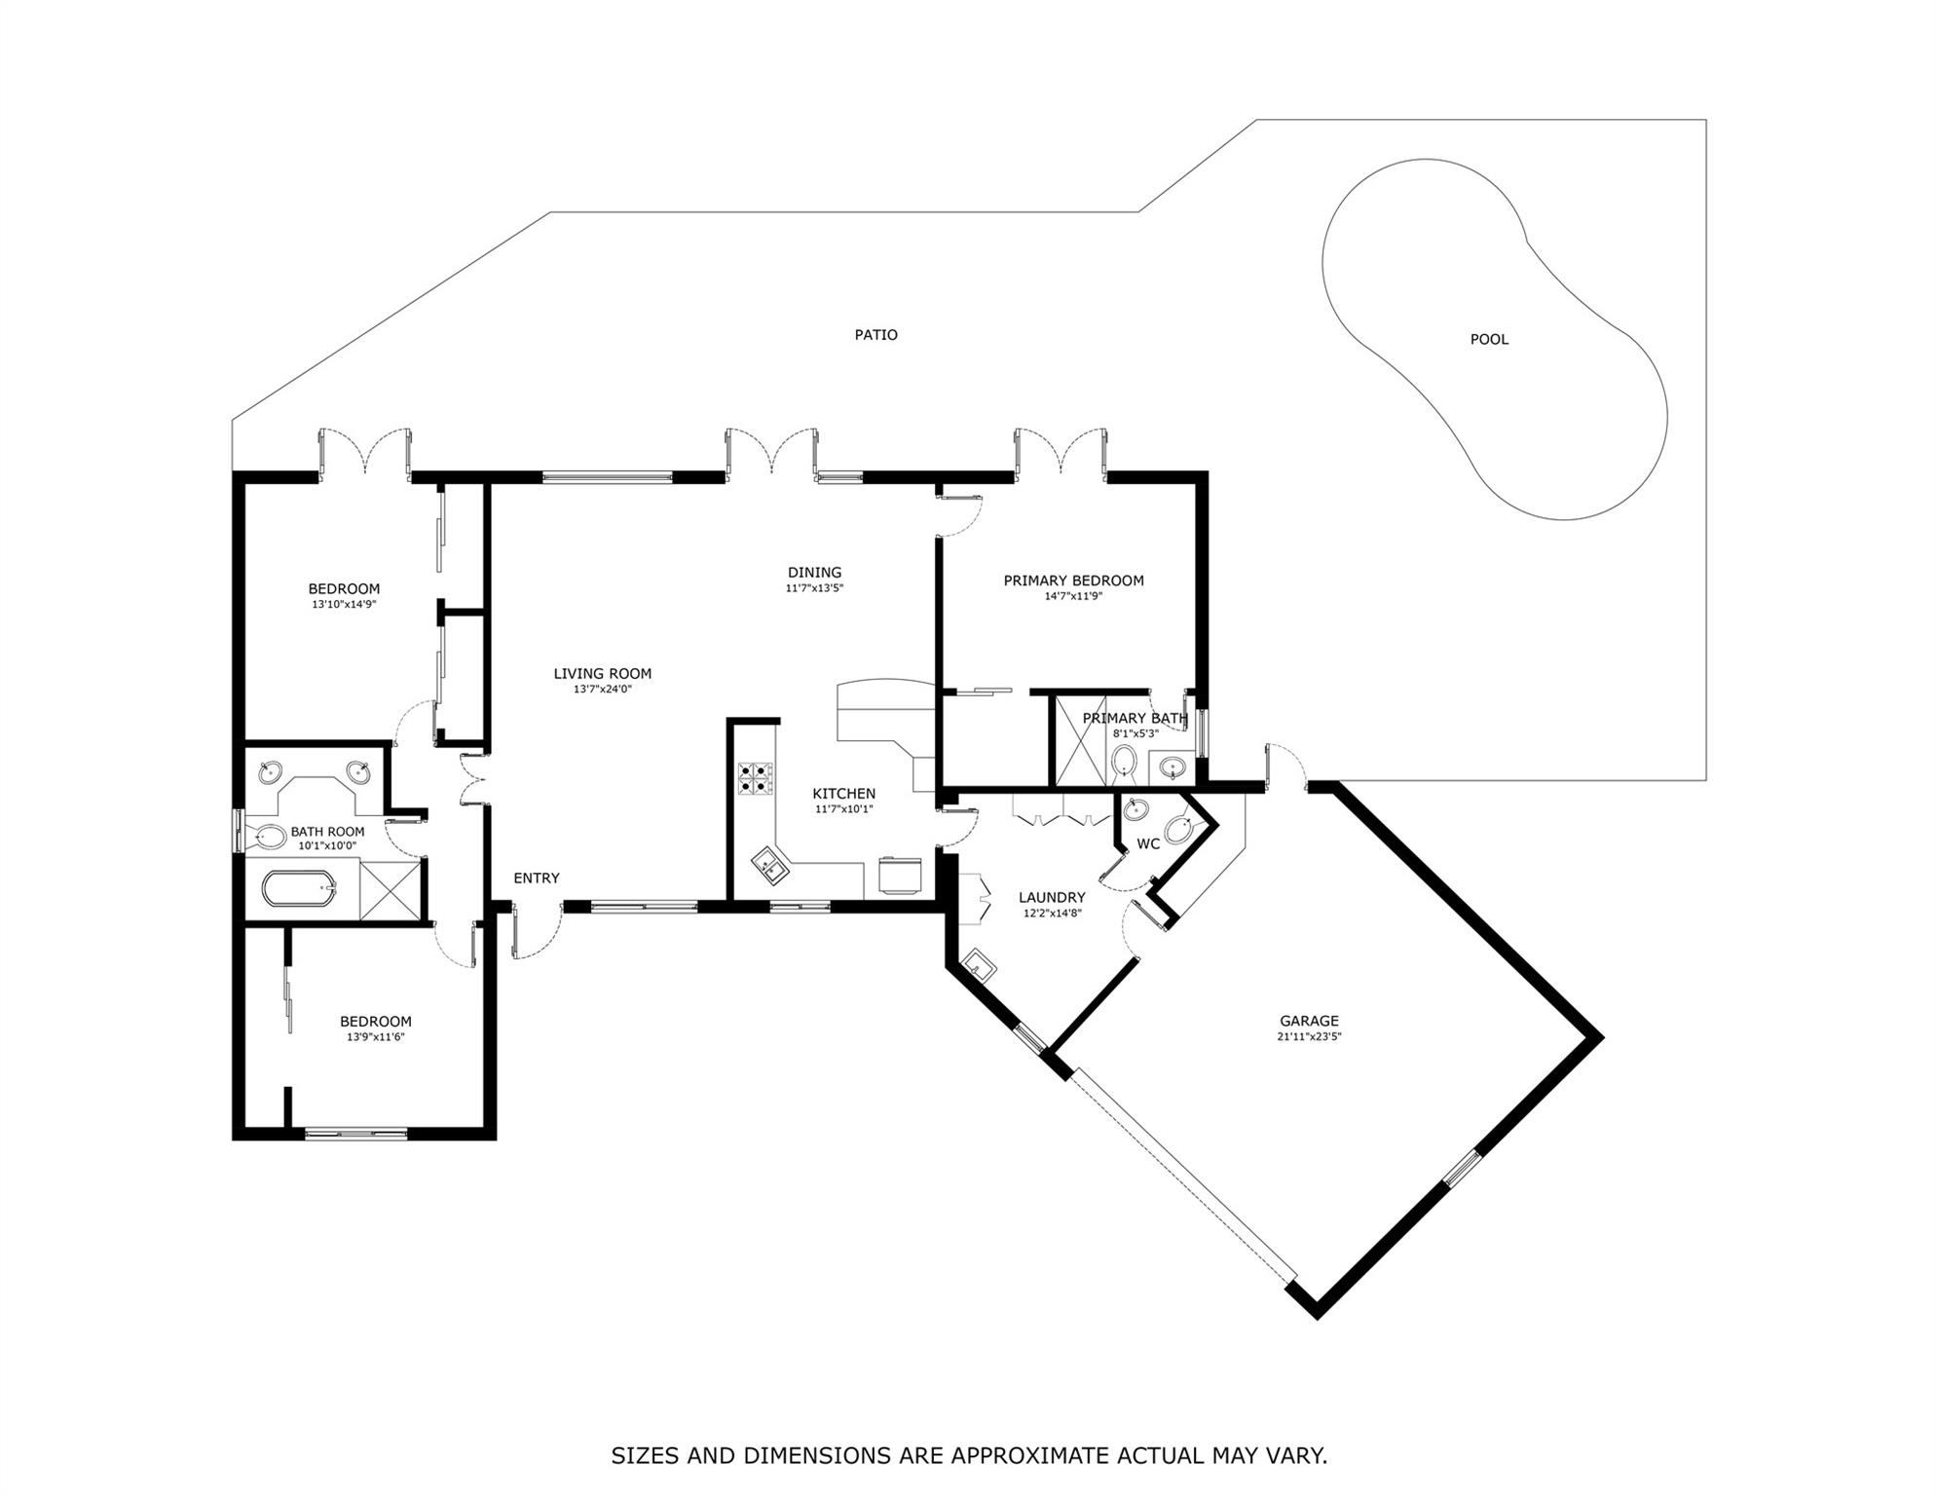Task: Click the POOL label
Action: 1489,339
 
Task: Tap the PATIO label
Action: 875,334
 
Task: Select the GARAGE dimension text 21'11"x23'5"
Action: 1309,1036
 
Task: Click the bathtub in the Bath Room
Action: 299,888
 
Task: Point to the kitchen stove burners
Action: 755,778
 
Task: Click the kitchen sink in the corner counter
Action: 771,865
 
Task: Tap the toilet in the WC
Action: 1179,829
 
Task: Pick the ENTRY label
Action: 537,878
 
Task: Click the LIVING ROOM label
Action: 603,673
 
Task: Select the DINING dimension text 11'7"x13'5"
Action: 814,588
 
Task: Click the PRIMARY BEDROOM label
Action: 1073,580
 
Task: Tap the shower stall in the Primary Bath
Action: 1081,740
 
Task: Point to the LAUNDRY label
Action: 1052,897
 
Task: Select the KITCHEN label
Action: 844,794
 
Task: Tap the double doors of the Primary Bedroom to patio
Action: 1061,453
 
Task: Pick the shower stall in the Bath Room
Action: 391,889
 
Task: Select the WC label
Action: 1148,843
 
